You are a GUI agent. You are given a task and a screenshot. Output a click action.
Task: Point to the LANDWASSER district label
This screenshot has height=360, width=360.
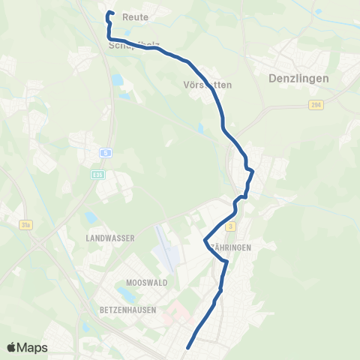(110, 237)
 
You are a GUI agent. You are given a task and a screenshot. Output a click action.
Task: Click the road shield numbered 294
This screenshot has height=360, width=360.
(316, 106)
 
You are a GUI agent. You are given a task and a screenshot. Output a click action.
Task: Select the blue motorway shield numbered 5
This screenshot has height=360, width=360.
(106, 152)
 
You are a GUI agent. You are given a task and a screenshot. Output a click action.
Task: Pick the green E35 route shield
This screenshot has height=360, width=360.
(97, 175)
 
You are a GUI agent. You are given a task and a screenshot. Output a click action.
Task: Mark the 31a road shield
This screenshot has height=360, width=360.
(25, 223)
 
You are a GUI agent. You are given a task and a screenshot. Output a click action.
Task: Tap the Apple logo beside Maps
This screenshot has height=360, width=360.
(12, 347)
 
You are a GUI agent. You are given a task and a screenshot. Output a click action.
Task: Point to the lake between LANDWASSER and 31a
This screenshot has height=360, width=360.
(91, 218)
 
